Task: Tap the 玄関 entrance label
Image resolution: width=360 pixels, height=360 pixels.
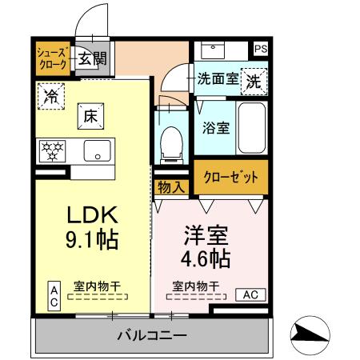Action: tap(92, 58)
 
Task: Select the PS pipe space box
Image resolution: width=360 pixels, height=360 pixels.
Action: tap(259, 49)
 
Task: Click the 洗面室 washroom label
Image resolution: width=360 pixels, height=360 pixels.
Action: tap(217, 80)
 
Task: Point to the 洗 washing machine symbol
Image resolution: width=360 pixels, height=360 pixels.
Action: tap(254, 81)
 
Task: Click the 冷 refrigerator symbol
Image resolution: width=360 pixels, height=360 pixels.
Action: tap(50, 95)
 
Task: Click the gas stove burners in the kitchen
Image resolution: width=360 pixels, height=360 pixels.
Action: tap(53, 150)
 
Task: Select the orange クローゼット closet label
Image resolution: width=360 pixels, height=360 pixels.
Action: tap(230, 178)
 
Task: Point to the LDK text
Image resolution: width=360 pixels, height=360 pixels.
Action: tap(91, 215)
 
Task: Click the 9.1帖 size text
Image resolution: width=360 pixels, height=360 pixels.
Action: tap(91, 240)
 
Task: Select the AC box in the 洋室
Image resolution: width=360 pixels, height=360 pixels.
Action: tap(250, 294)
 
